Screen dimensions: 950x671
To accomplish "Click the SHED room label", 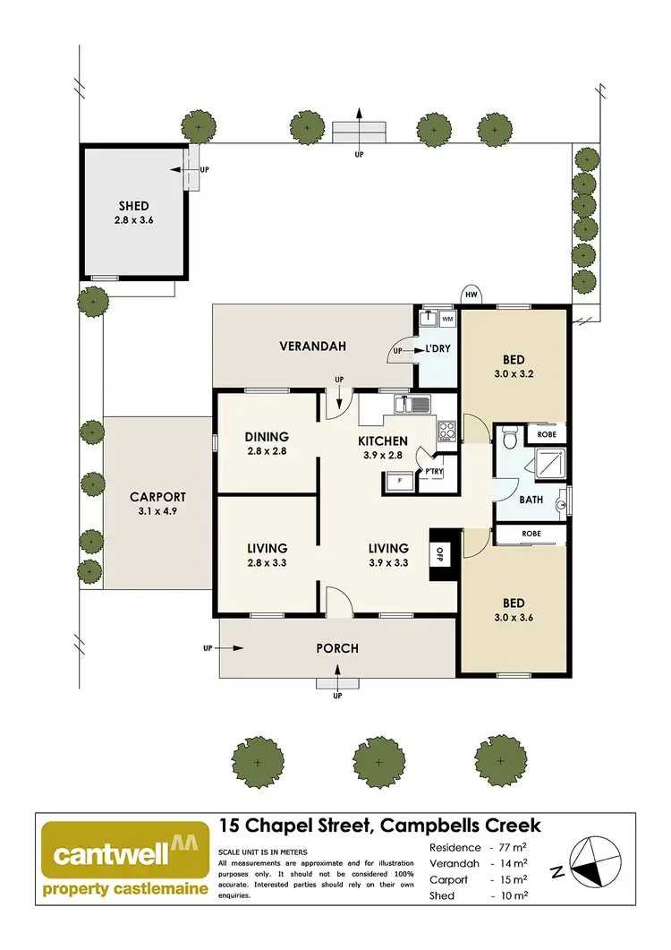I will point(133,206).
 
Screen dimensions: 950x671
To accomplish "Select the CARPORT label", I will point(157,497).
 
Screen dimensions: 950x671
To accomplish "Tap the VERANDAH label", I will point(312,347).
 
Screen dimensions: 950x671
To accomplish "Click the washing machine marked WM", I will point(446,318).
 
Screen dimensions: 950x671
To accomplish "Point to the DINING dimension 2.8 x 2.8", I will point(266,451).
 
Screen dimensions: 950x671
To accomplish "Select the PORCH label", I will point(337,648).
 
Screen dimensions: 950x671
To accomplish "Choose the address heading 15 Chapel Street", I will point(380,826).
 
